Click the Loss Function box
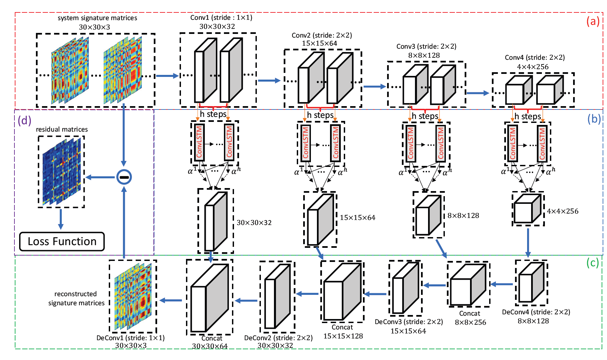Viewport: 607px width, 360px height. pos(62,241)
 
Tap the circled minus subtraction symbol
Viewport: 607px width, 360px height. pos(124,177)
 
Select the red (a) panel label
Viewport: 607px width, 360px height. pos(593,21)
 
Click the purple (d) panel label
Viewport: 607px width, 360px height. pos(25,120)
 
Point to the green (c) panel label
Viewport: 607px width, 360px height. pos(592,263)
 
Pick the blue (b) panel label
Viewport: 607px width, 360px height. pos(594,119)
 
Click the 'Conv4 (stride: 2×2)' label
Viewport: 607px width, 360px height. pos(534,57)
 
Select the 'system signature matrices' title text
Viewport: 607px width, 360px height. pos(97,18)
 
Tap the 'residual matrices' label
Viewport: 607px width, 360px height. pos(62,129)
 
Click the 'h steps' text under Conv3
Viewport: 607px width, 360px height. pos(425,116)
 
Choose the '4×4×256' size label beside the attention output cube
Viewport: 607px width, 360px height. pos(563,211)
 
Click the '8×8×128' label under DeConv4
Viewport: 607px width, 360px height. pos(533,321)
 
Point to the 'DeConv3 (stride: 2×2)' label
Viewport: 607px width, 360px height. pos(409,322)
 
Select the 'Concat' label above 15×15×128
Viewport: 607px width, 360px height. pos(342,327)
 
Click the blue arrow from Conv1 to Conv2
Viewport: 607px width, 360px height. pos(269,81)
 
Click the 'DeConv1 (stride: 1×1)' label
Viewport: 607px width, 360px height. pos(130,338)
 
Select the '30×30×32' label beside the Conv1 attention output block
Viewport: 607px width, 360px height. pos(254,223)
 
